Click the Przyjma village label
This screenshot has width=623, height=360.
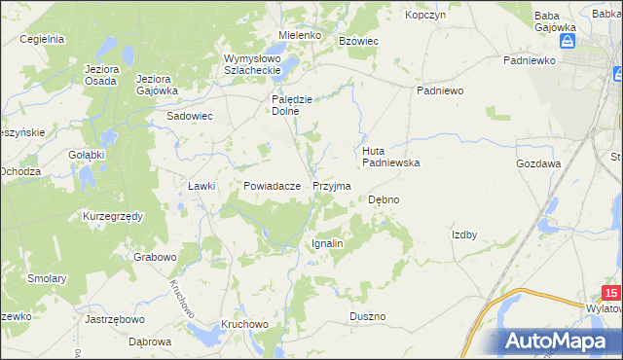point(332,185)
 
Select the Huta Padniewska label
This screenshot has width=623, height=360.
point(390,157)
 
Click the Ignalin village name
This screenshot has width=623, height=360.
point(327,243)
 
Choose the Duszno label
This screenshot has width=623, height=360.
point(368,317)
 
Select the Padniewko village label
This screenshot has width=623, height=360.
point(529,60)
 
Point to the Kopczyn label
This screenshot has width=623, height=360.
point(425,16)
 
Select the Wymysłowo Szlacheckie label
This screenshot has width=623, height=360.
point(252,63)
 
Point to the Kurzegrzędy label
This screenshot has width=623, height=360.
point(113,215)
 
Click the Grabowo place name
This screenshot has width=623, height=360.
point(156,258)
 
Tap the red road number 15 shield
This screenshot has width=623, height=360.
point(610,293)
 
